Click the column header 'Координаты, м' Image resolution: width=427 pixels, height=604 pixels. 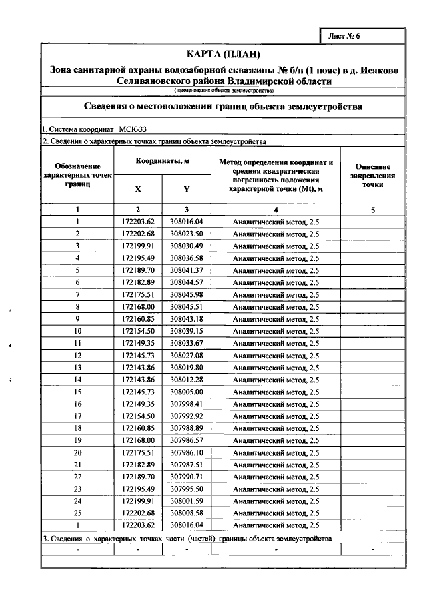point(162,162)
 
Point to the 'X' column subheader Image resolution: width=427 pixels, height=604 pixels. point(138,189)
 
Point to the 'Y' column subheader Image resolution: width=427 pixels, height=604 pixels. point(186,189)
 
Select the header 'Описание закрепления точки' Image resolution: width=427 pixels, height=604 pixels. point(373,176)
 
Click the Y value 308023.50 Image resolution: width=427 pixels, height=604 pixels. point(186,234)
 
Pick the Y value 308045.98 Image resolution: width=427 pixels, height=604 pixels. point(186,295)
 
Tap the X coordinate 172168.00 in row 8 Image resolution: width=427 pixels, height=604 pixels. point(138,307)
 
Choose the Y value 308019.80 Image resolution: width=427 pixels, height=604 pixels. point(186,368)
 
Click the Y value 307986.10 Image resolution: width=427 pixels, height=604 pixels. point(186,452)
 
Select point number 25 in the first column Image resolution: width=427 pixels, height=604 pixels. point(78,513)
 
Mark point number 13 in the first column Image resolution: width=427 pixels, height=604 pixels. point(78,368)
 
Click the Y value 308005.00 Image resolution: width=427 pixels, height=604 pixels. point(186,392)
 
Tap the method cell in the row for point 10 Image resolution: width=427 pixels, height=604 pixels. point(276,331)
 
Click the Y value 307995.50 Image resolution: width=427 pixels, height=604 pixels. point(186,489)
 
